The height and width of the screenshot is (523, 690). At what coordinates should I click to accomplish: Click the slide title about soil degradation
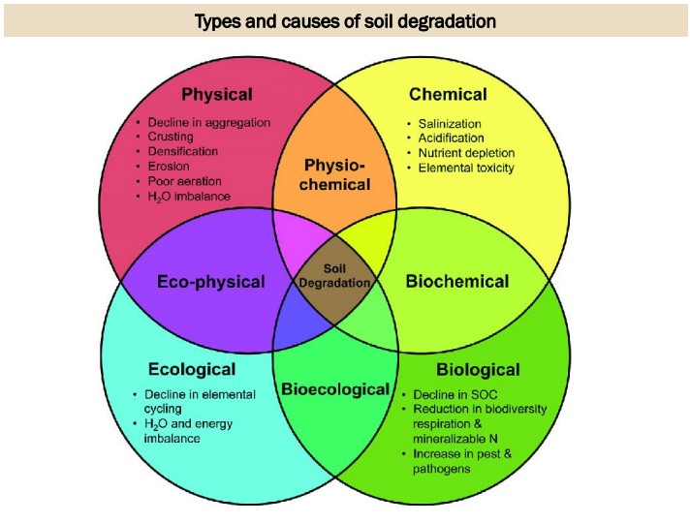[345, 20]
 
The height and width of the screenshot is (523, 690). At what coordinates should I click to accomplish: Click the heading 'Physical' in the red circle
[217, 95]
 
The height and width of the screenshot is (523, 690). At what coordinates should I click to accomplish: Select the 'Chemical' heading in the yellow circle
[448, 95]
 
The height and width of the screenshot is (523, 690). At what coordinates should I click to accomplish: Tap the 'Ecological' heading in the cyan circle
[192, 369]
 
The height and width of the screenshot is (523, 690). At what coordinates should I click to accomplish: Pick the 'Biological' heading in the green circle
[478, 369]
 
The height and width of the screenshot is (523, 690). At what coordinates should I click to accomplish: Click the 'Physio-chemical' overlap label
[334, 174]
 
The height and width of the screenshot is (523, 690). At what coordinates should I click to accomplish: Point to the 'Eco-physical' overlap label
[210, 282]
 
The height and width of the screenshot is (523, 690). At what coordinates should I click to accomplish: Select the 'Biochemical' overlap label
[456, 282]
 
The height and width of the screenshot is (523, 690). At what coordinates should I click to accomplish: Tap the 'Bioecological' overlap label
[335, 389]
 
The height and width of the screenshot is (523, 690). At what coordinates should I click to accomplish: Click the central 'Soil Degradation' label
[334, 276]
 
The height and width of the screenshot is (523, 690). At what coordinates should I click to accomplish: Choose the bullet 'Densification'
[182, 152]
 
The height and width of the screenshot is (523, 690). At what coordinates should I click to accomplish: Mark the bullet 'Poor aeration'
[184, 181]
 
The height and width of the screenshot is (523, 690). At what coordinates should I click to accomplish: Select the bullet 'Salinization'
[450, 124]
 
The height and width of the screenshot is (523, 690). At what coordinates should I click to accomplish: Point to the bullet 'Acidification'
[451, 138]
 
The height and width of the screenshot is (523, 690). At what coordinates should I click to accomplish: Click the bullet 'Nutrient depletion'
[466, 153]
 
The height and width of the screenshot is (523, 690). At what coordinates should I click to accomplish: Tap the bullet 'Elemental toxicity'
[466, 168]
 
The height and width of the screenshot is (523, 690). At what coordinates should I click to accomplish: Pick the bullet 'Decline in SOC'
[455, 395]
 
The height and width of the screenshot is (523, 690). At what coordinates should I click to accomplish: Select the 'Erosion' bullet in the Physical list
[169, 167]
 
